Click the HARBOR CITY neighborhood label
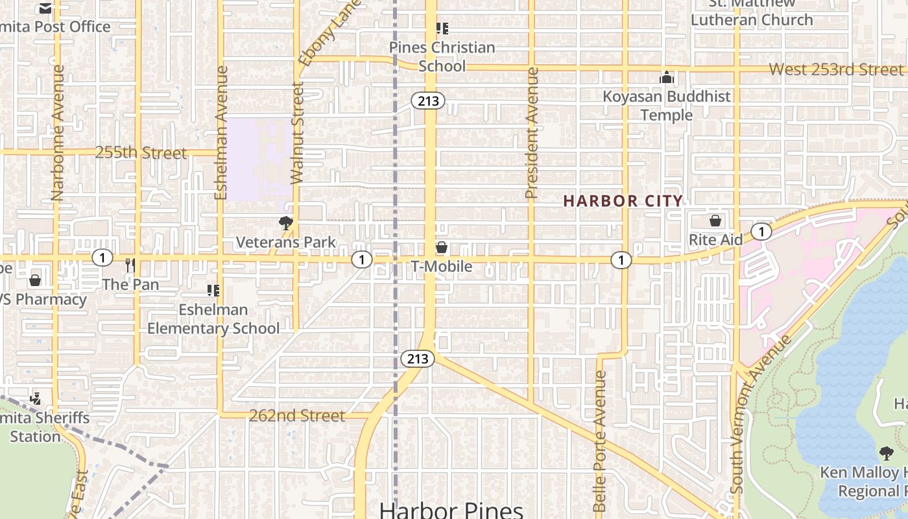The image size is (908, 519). (623, 201)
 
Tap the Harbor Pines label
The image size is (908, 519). (451, 509)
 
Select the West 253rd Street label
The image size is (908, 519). (836, 69)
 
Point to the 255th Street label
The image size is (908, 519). (141, 153)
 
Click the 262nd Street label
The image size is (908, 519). (297, 416)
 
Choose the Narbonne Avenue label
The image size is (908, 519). (58, 132)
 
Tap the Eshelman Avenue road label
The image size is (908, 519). (221, 133)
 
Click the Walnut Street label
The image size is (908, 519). (297, 132)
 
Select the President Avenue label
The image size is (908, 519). (532, 133)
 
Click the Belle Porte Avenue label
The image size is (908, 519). (600, 441)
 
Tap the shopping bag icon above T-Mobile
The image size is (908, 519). (442, 247)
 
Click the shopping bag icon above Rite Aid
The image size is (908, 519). (715, 221)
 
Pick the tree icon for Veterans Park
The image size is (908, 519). (285, 224)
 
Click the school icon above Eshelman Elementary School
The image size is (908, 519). (213, 290)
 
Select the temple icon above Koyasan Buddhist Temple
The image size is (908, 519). (667, 78)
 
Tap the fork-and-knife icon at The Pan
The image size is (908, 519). (130, 265)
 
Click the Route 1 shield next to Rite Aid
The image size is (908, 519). (761, 232)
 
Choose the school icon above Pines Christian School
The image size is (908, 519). (442, 29)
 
